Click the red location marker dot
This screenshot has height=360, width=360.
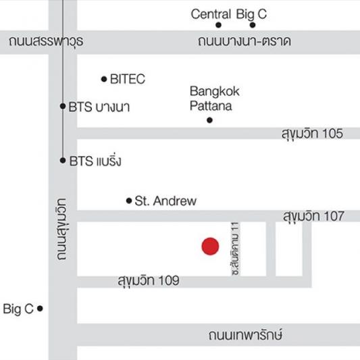coord(210,246)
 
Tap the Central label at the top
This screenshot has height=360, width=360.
coord(211,14)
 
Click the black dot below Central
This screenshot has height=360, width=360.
coord(218,25)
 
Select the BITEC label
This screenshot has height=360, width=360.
coord(128,79)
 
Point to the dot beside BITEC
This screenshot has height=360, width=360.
coord(104,79)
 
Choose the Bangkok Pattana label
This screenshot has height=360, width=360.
coord(215,99)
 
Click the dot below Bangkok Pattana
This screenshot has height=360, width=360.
coord(209,120)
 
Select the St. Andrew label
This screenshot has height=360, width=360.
coord(165,201)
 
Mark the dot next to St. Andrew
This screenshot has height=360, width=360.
coord(129,201)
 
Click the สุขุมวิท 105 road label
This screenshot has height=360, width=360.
coord(312,134)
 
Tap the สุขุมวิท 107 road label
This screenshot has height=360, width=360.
coord(313,217)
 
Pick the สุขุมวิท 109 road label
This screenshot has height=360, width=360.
coord(149,280)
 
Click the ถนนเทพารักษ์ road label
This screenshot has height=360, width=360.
coord(245,334)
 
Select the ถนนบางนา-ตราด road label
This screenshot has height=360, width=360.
coord(245,42)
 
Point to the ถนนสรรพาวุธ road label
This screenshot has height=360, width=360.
coord(46,42)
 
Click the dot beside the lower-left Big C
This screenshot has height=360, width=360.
coord(40,309)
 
